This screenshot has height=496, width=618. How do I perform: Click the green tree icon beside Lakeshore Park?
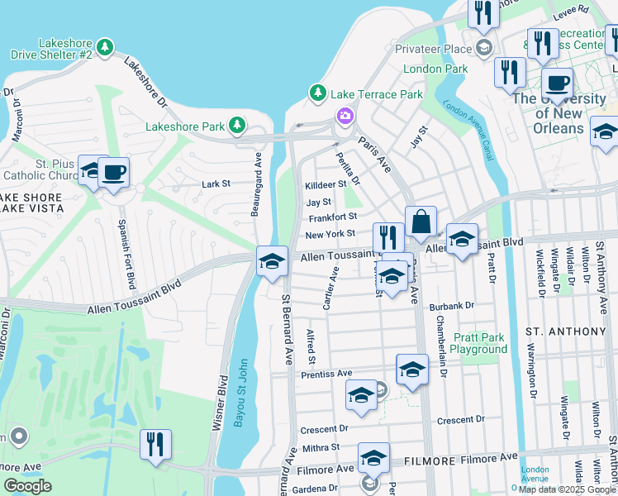pos(237,126)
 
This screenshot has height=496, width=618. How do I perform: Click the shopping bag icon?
pos(421,222)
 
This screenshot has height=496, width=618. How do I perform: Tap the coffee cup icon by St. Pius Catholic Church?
pos(113,173)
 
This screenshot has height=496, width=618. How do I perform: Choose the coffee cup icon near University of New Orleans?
pos(557,84)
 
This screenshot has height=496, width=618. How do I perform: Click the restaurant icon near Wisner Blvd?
pos(155,444)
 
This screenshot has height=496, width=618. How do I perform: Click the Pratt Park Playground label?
pos(480,343)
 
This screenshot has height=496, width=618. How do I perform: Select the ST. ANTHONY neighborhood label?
pos(566,331)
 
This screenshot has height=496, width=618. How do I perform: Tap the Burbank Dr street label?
pos(452,306)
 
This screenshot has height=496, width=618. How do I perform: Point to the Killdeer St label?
pos(324,186)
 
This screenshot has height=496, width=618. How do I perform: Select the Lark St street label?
pos(216,184)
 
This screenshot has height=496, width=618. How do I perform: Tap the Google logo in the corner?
pos(27,486)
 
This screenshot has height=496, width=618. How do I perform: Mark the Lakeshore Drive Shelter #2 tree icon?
pos(104,48)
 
